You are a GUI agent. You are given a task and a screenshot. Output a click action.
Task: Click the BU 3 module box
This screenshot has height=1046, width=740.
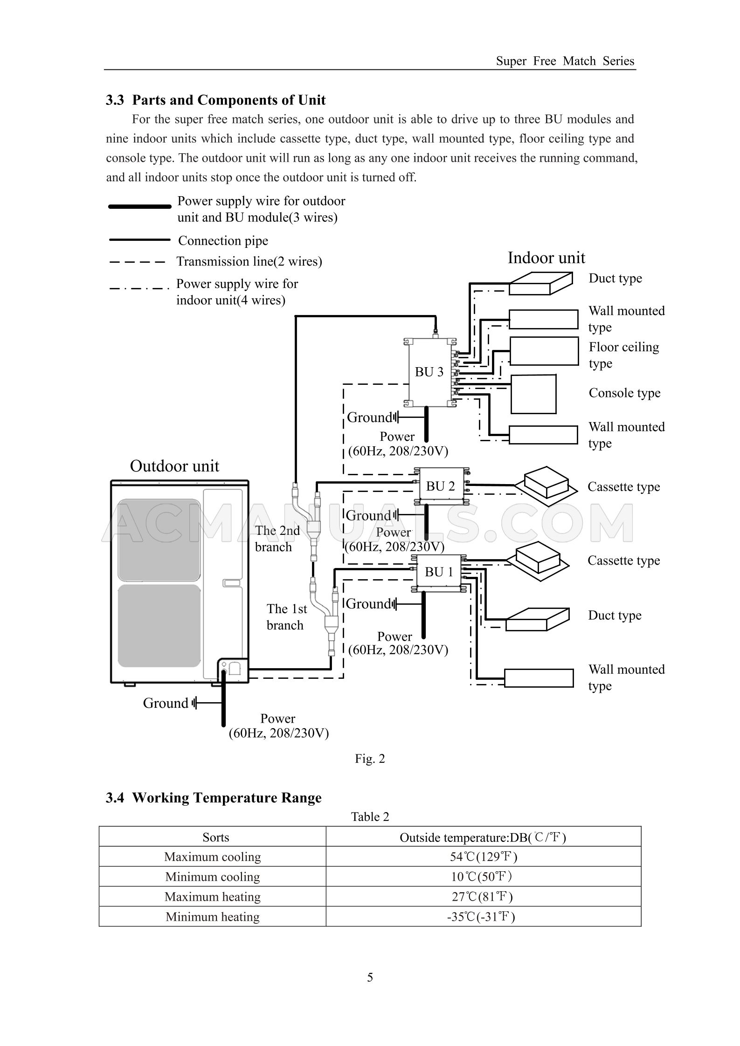[x=429, y=372]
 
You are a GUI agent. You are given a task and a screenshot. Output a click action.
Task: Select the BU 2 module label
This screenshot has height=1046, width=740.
[x=440, y=486]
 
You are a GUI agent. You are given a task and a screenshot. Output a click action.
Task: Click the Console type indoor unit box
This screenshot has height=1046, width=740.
[x=533, y=394]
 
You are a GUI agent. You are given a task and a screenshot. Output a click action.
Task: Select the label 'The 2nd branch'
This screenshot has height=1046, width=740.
[x=277, y=538]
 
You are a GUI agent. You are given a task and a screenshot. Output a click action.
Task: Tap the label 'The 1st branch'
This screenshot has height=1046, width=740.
[x=286, y=616]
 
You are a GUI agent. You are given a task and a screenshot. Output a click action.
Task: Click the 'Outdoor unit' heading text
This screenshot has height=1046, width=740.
[x=174, y=466]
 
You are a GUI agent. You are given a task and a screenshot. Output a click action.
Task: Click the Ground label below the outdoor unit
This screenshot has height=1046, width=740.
[x=166, y=703]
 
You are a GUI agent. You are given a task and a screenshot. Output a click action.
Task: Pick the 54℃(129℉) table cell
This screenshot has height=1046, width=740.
[x=483, y=856]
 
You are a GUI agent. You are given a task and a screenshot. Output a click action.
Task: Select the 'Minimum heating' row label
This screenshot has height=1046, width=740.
[x=212, y=916]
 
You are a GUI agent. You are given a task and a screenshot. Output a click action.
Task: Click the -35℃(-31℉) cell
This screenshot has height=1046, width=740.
[x=483, y=916]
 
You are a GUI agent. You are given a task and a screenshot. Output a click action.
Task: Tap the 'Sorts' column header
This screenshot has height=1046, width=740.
[x=215, y=837]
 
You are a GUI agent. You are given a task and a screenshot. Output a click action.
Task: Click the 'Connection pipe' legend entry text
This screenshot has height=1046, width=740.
[x=223, y=241]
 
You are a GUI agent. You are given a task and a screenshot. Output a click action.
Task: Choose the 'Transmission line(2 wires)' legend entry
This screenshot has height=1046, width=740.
[x=249, y=261]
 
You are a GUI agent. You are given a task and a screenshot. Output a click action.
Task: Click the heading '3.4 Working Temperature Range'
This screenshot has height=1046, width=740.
[x=214, y=798]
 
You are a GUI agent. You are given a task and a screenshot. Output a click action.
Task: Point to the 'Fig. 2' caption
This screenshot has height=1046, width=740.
[x=370, y=759]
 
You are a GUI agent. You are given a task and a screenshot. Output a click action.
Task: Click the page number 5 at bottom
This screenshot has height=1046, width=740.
[x=370, y=977]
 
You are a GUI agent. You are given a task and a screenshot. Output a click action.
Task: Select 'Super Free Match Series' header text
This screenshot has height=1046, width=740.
[x=565, y=61]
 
